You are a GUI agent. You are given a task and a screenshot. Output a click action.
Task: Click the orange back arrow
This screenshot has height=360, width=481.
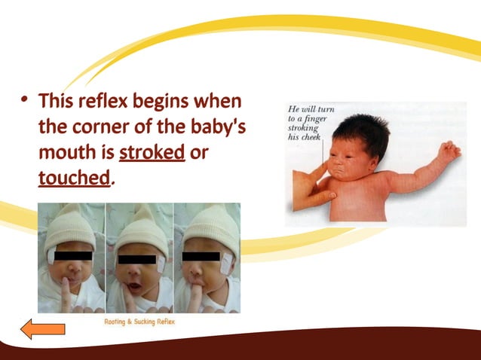[x=42, y=329]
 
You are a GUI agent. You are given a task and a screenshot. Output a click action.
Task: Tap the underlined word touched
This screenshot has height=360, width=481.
[x=74, y=178]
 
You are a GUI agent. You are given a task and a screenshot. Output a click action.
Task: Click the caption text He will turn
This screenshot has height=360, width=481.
[x=311, y=110]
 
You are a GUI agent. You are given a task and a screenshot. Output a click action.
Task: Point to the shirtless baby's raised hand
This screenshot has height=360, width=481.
[x=449, y=151]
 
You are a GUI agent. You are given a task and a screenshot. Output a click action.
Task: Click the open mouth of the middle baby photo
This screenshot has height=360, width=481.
[x=134, y=287]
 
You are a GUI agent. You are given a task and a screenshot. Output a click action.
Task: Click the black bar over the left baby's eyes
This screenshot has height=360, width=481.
[x=72, y=256]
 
